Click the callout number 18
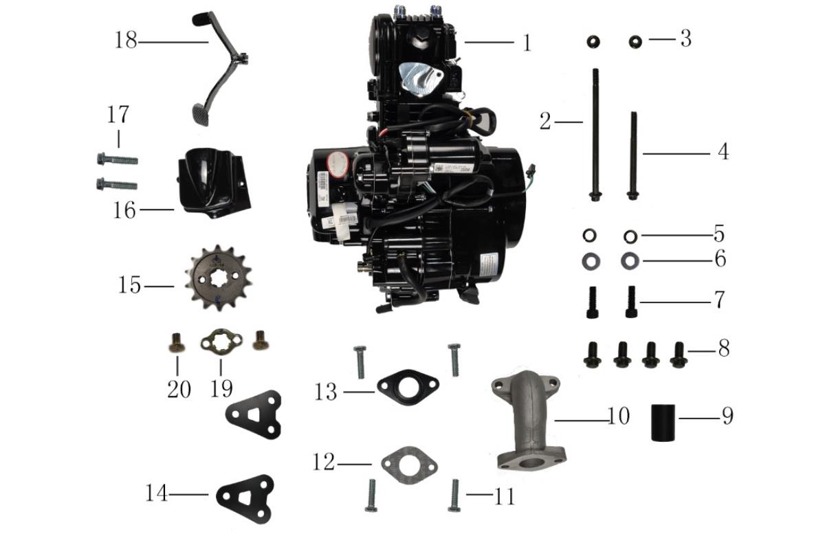126,41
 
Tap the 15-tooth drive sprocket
218,278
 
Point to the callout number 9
727,416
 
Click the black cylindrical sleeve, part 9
663,422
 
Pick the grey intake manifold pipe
529,421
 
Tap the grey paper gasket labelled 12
409,465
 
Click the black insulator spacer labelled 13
408,388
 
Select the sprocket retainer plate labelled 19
221,341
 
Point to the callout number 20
179,389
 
